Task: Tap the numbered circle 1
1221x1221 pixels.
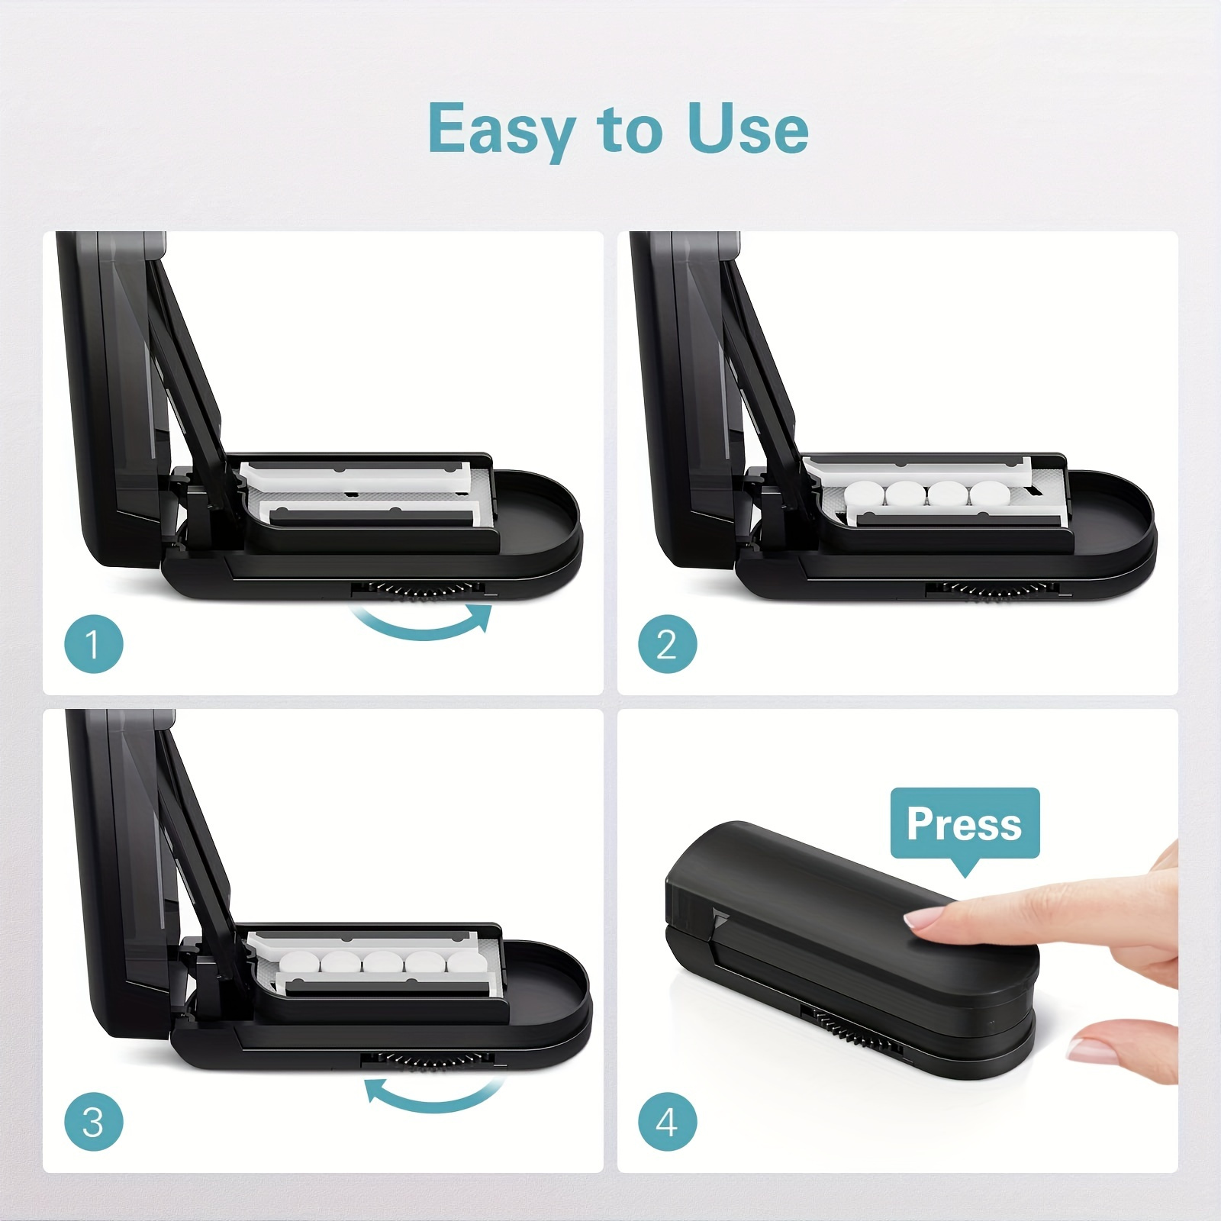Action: [x=93, y=644]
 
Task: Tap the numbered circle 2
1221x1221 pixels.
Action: [x=667, y=644]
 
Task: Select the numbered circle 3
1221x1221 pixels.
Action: [x=93, y=1122]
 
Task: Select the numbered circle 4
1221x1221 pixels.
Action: [x=667, y=1122]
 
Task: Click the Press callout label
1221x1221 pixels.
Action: [x=965, y=823]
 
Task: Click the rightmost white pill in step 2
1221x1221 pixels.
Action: [x=989, y=495]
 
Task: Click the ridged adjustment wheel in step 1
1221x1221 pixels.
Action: [x=418, y=589]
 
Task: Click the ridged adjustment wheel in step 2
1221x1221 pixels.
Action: [x=992, y=589]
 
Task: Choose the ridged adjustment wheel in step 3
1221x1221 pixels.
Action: [x=427, y=1059]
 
